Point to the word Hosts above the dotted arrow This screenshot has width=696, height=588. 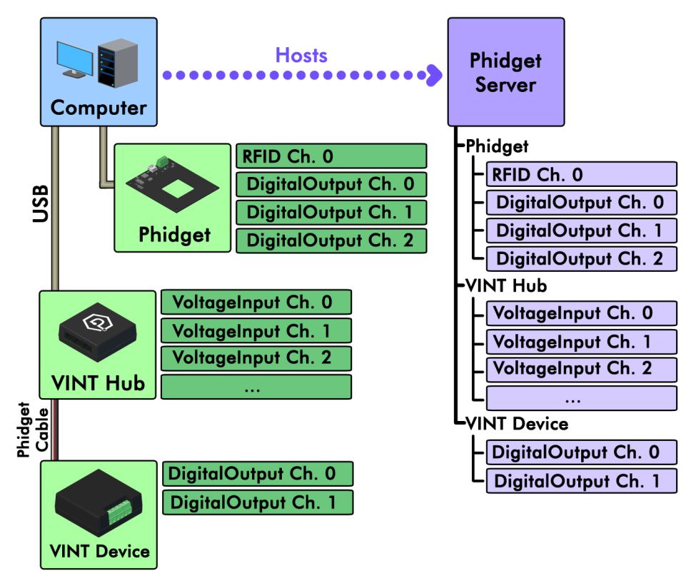pos(301,55)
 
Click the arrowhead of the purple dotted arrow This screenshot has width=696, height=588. pos(433,75)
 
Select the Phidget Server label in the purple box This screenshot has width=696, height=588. pos(505,72)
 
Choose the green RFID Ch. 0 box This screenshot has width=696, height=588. pos(331,156)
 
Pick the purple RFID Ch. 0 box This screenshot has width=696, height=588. pos(581,174)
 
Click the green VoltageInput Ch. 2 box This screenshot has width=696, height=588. pos(256,358)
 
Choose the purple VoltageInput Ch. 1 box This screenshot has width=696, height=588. pos(581,342)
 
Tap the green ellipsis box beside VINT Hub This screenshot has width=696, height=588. pos(256,387)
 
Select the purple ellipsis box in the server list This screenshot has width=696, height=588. pos(581,397)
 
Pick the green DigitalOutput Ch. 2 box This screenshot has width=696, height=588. pos(331,240)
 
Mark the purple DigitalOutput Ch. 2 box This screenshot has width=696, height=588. pos(581,258)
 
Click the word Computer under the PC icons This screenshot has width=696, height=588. pos(99,108)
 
